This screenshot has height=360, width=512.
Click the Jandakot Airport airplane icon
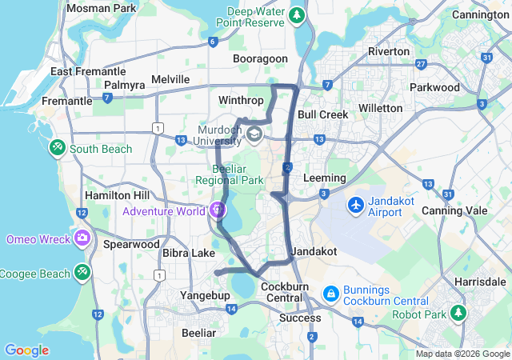click(355, 206)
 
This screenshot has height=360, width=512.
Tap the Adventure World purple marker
click(218, 211)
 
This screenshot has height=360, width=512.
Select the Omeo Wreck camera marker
click(82, 238)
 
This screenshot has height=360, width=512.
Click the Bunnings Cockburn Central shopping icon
click(330, 294)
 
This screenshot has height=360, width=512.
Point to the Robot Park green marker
click(458, 313)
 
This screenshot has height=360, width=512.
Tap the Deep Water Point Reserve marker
click(298, 15)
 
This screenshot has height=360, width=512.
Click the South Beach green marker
click(58, 148)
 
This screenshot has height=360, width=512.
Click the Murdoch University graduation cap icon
click(254, 134)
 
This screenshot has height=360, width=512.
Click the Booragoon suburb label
click(259, 59)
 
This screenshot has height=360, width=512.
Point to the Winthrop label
click(240, 101)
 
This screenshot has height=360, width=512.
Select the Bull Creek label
click(322, 114)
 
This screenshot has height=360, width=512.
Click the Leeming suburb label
click(325, 178)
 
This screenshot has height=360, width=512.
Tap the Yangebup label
click(205, 295)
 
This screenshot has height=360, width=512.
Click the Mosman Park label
click(101, 8)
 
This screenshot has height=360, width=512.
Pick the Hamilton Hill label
click(117, 195)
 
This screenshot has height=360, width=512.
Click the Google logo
click(26, 350)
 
